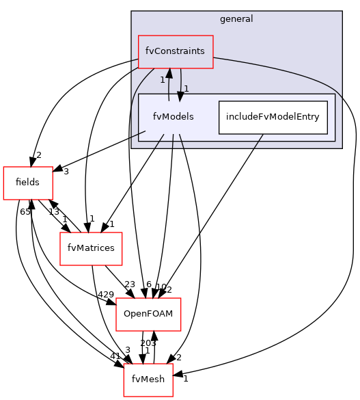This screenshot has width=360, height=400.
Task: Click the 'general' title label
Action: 236,19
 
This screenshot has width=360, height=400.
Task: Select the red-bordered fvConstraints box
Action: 176,52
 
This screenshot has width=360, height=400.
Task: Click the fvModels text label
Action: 174,117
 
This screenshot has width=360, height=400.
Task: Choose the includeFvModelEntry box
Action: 273,117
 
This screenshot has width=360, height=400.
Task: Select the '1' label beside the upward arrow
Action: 163,80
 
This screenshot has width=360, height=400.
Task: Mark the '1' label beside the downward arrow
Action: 186,88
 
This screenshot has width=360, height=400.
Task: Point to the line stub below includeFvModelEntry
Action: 258,141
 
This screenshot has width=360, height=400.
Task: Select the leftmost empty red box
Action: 28,183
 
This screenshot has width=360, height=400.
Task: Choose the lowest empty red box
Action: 148,380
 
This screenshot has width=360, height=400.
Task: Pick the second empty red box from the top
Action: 91,249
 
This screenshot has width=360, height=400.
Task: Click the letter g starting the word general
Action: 223,20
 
